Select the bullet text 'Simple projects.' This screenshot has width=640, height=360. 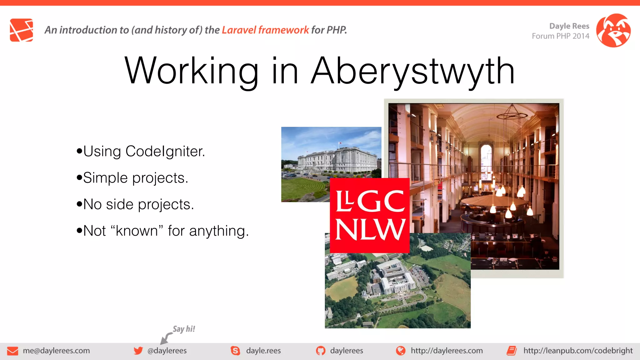135,178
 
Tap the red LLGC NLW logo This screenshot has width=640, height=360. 370,216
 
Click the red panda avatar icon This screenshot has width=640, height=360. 613,30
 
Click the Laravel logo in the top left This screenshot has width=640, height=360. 21,30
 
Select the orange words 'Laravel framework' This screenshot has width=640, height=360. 265,30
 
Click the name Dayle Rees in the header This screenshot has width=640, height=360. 569,26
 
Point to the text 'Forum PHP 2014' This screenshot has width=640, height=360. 560,36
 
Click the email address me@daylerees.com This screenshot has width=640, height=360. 56,351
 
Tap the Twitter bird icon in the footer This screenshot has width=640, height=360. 138,351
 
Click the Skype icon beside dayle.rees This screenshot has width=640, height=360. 235,351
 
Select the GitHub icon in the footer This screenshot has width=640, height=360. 320,351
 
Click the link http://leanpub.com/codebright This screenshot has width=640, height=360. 578,351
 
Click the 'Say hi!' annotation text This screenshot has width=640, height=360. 184,329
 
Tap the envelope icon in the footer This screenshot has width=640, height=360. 12,351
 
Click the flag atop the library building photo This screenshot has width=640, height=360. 340,143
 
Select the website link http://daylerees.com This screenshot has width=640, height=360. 447,351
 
